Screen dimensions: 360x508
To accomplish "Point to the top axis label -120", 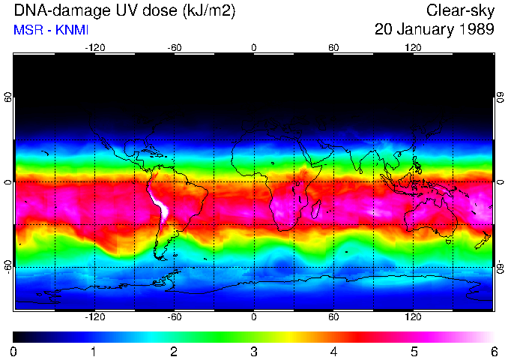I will point(94,47).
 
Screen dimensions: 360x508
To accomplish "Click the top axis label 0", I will point(254,47).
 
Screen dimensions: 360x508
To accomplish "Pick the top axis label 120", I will point(413,47).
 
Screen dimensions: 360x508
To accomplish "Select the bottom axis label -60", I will point(175,317).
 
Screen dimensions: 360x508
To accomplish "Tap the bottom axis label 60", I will point(333,317).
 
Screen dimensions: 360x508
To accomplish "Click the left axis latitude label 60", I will point(8,98).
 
